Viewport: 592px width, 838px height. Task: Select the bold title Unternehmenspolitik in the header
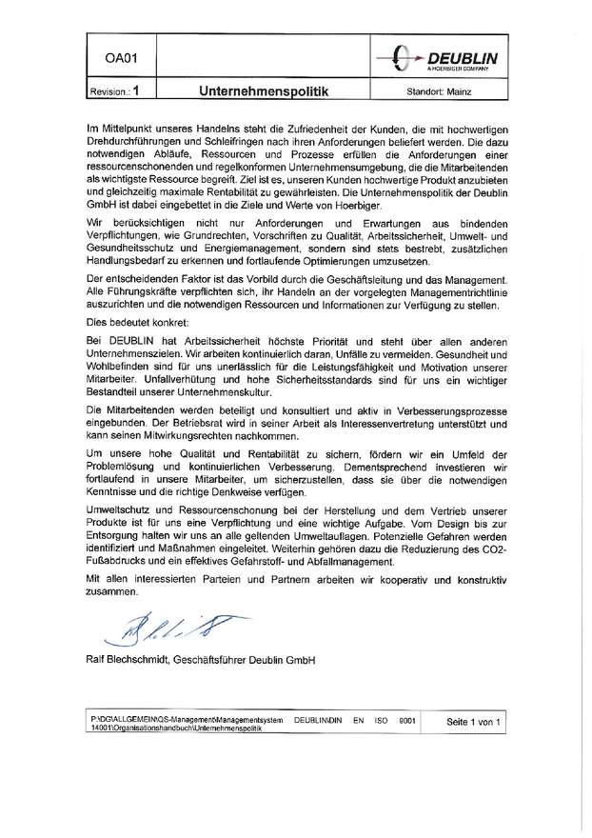click(264, 92)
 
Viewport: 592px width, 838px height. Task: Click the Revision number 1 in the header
click(137, 92)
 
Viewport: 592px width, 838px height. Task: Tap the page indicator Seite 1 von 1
click(473, 723)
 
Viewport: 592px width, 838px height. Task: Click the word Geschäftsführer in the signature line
click(212, 660)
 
